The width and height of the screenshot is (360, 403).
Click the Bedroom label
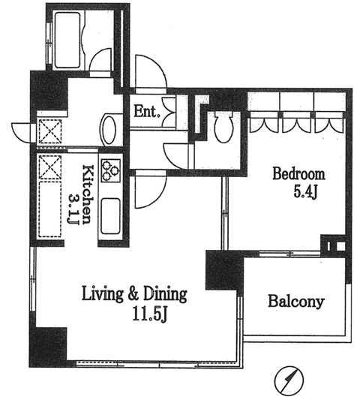coord(298,174)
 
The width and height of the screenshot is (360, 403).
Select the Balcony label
coord(295,301)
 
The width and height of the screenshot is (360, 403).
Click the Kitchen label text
coord(88,194)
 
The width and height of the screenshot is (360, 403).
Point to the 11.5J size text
coord(150,314)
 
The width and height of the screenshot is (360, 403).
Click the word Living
coord(102,295)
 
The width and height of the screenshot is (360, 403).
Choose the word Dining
coord(165,295)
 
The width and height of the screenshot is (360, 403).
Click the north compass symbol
coord(289,380)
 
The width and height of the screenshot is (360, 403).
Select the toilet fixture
coord(223,126)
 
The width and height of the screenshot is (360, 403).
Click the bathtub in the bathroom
coord(67,41)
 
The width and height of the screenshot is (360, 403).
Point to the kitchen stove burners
coord(111,170)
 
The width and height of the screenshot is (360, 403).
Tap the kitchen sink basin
coord(110,216)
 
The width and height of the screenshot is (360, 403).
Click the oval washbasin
coord(109,130)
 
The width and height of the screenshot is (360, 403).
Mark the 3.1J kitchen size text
coord(73,208)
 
